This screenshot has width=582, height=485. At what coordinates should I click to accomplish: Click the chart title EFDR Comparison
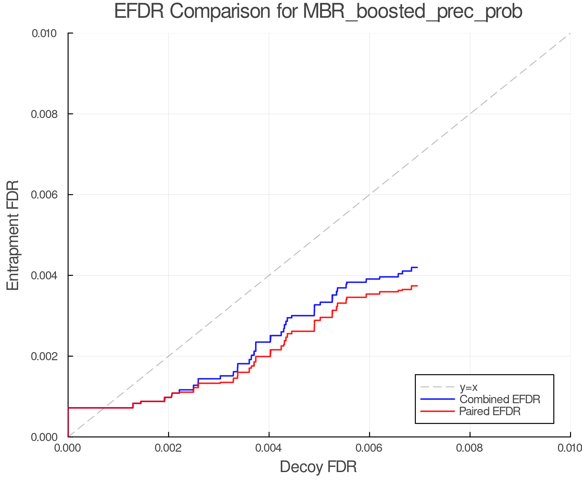pos(318,12)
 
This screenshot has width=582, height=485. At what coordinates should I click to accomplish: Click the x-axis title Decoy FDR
pos(318,467)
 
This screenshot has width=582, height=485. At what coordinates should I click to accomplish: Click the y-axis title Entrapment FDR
pos(13,235)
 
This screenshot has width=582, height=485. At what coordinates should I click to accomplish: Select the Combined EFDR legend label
pos(500,399)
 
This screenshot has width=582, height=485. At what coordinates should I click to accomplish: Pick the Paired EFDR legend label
pos(490,411)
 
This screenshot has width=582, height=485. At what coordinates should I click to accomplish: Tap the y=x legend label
pos(469,387)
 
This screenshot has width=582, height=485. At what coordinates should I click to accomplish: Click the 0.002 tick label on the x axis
pos(168,448)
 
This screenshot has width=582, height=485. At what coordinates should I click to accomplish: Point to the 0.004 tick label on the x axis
pos(269,448)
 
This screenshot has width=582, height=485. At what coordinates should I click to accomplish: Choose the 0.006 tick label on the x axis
pos(370,448)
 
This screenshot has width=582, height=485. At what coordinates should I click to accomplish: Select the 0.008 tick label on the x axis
pos(470,448)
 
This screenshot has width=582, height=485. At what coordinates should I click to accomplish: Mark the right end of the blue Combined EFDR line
pos(417,267)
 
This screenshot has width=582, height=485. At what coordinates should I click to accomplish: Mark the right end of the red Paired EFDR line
pos(417,286)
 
